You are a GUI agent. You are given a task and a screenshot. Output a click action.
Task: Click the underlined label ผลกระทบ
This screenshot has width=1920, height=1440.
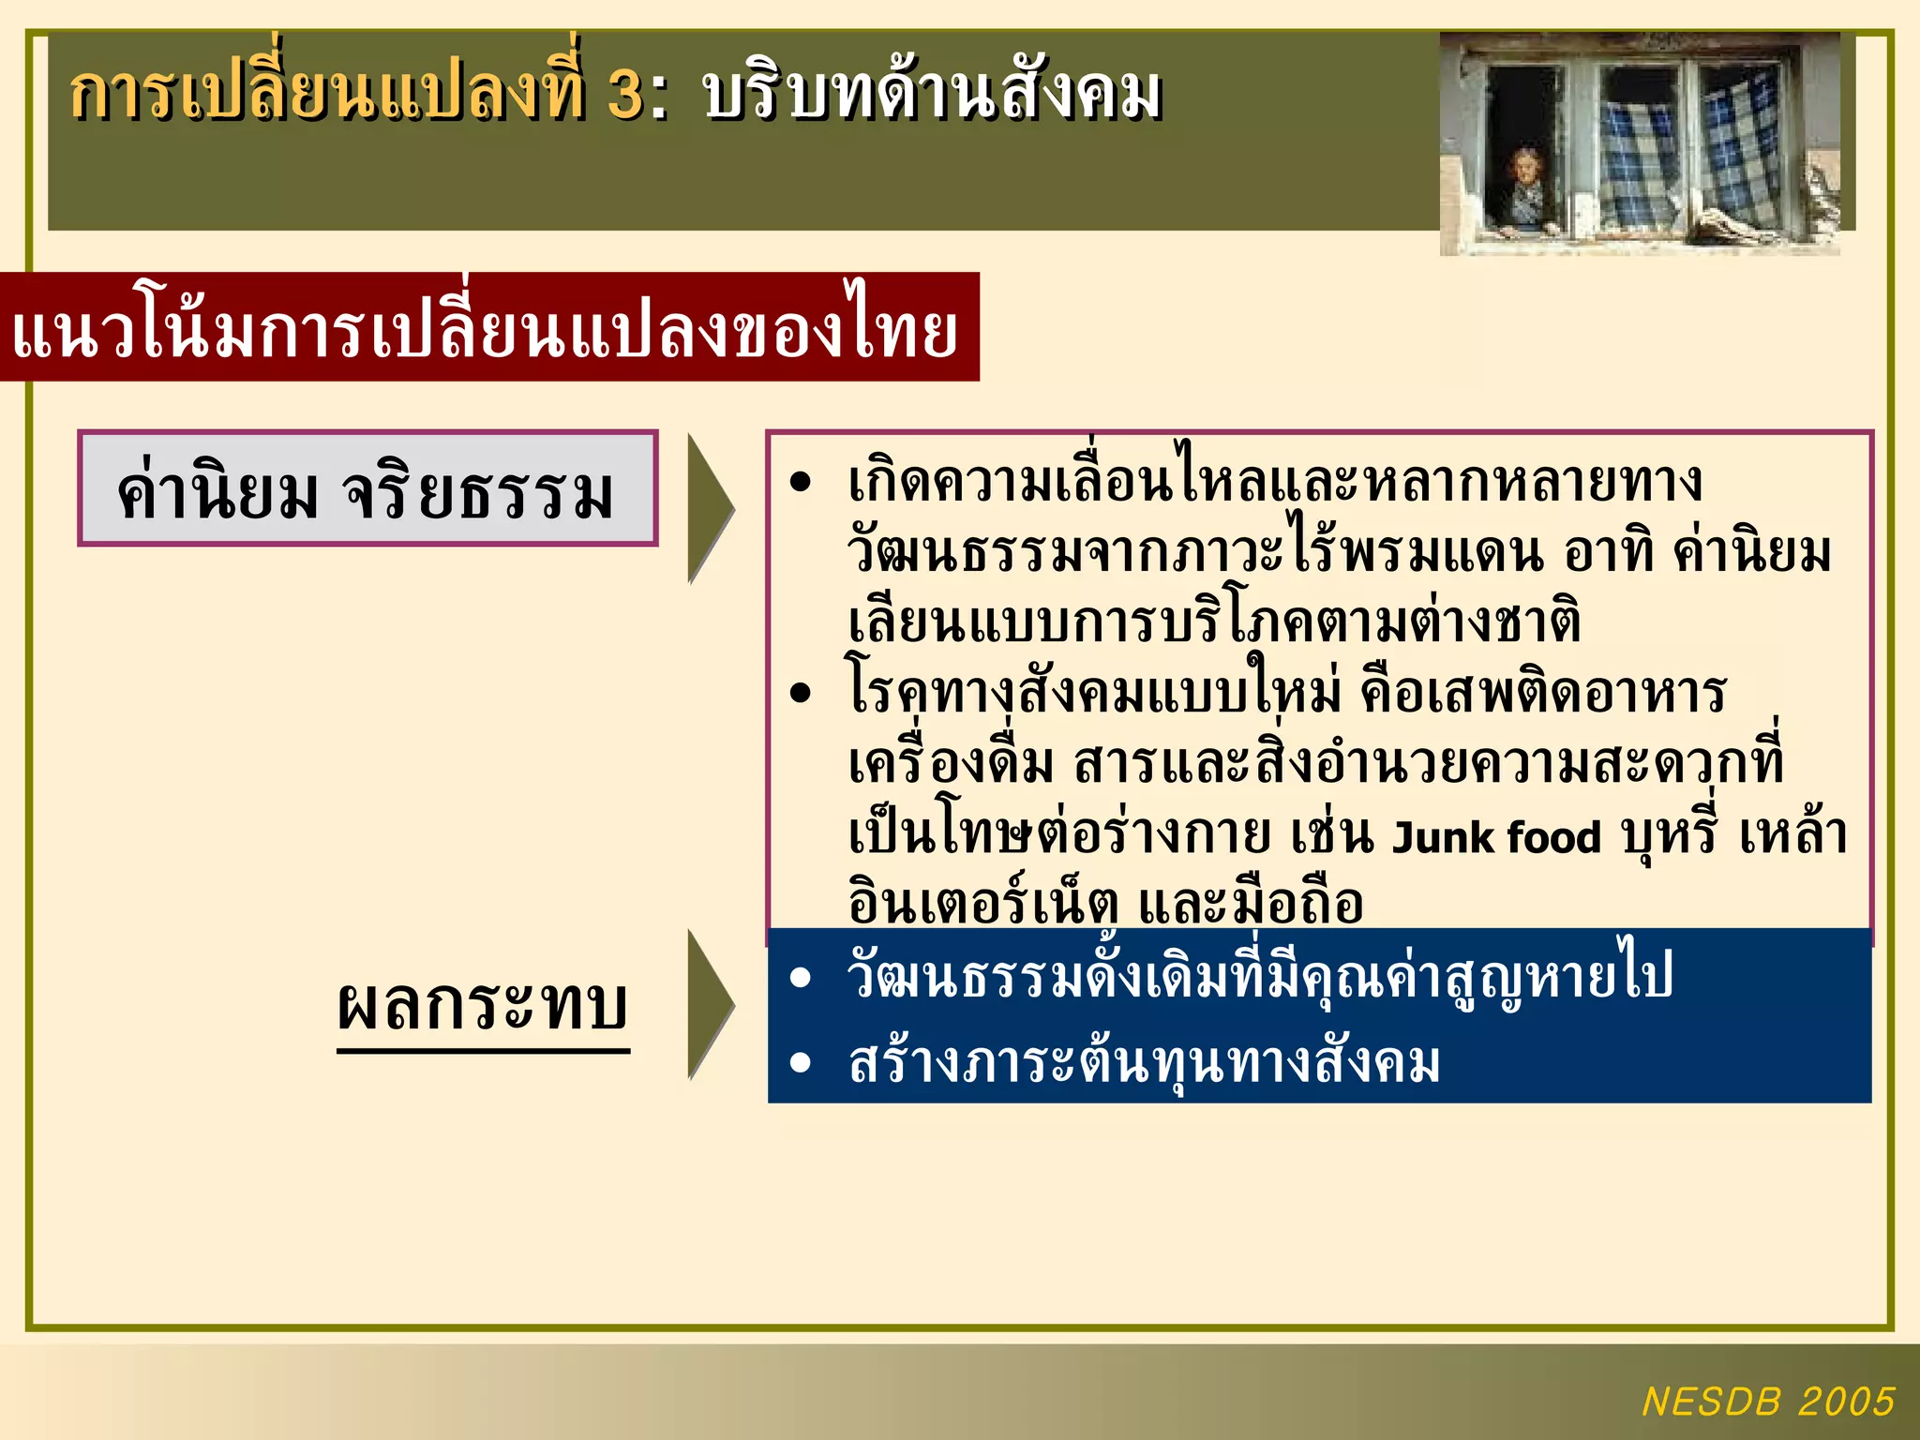pyautogui.click(x=483, y=1006)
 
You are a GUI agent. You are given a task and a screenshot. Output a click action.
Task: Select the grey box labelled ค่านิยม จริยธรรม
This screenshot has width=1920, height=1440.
pyautogui.click(x=367, y=488)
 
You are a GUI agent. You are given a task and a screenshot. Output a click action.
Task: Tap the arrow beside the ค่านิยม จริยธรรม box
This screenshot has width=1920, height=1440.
pyautogui.click(x=709, y=508)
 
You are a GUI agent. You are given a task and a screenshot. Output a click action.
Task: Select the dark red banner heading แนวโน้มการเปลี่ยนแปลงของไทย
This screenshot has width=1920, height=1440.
pyautogui.click(x=487, y=329)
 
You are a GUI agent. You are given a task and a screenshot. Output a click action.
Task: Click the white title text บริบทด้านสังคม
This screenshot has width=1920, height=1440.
pyautogui.click(x=932, y=95)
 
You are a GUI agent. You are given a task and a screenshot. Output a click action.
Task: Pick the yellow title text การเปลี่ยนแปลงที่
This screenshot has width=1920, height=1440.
pyautogui.click(x=328, y=95)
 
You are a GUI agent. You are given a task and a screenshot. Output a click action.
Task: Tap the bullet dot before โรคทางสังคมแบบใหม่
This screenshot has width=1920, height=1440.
pyautogui.click(x=800, y=694)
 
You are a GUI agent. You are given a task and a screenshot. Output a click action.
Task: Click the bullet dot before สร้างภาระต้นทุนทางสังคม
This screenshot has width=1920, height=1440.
pyautogui.click(x=800, y=1062)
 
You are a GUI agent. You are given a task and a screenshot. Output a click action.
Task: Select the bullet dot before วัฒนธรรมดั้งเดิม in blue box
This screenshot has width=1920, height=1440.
pyautogui.click(x=800, y=978)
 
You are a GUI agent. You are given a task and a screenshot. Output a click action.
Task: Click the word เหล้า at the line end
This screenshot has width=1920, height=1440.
pyautogui.click(x=1792, y=833)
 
